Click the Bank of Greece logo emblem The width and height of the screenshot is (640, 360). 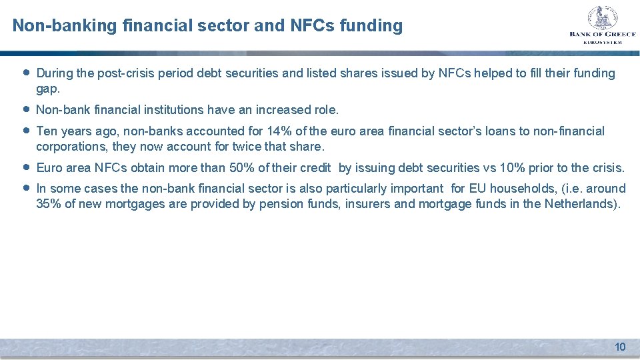603,18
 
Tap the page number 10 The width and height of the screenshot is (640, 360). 620,347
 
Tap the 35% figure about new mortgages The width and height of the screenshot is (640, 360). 48,204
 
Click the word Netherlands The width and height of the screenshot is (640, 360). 581,204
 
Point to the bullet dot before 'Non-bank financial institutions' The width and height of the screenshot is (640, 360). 25,109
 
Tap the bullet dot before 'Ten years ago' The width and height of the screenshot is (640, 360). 25,131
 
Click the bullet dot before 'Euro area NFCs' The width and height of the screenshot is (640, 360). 25,167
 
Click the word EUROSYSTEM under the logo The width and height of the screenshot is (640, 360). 602,42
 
